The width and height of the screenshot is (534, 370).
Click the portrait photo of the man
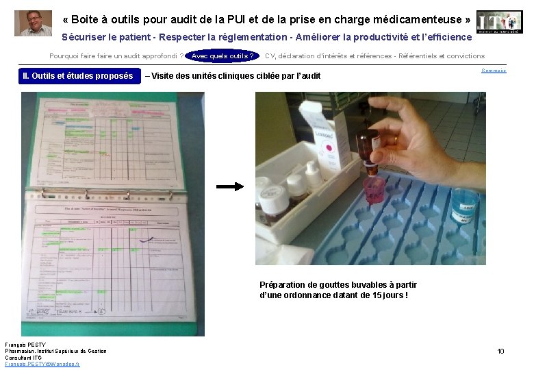point(33,23)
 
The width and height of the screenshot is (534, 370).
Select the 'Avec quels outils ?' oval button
point(222,56)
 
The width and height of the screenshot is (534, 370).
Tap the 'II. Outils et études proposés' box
point(77,76)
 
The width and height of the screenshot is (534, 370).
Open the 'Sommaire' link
point(494,71)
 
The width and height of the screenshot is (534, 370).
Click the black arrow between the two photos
point(230,186)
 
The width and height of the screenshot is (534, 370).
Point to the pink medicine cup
point(373,190)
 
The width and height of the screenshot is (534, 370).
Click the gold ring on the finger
point(395,139)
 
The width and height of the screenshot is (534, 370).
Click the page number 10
point(500,351)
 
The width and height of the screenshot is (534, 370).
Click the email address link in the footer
point(42,364)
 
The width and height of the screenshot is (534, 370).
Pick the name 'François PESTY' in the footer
point(25,344)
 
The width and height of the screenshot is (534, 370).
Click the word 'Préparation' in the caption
point(282,285)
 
